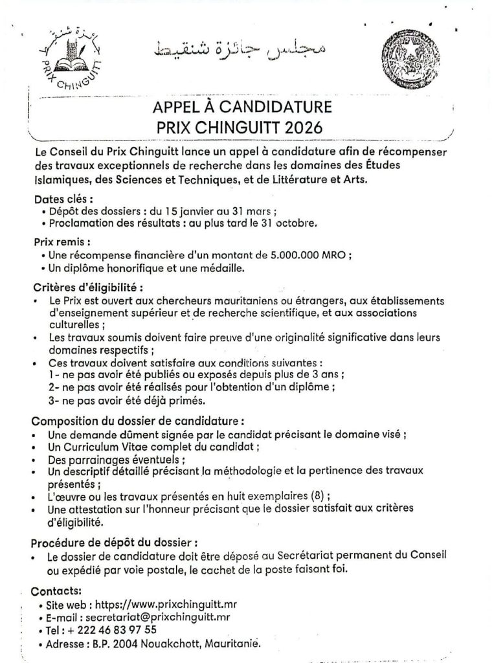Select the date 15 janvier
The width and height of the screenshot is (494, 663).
[181, 211]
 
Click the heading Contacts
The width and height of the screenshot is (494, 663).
[56, 590]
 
